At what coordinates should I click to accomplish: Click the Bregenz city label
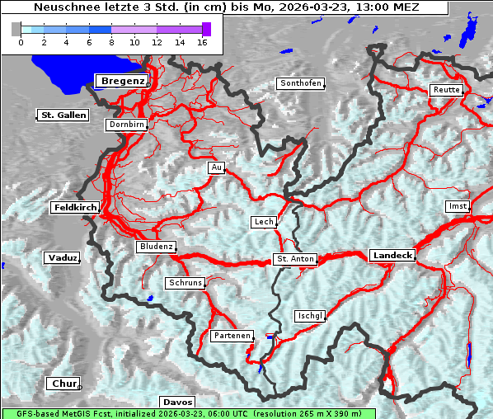click(122, 81)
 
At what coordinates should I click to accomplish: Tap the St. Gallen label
click(63, 115)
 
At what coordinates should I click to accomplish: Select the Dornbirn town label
click(127, 125)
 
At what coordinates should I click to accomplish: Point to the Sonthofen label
click(301, 83)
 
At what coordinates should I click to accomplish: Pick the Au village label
click(216, 167)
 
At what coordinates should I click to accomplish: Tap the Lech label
click(264, 222)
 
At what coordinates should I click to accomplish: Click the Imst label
click(457, 205)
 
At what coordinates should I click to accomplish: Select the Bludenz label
click(156, 247)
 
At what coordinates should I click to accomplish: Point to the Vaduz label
click(62, 258)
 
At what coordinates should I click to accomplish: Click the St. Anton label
click(294, 259)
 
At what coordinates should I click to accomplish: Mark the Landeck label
click(392, 256)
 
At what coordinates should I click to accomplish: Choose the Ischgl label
click(311, 316)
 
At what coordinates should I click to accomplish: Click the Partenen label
click(231, 336)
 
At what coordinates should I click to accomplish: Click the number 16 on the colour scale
click(202, 41)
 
